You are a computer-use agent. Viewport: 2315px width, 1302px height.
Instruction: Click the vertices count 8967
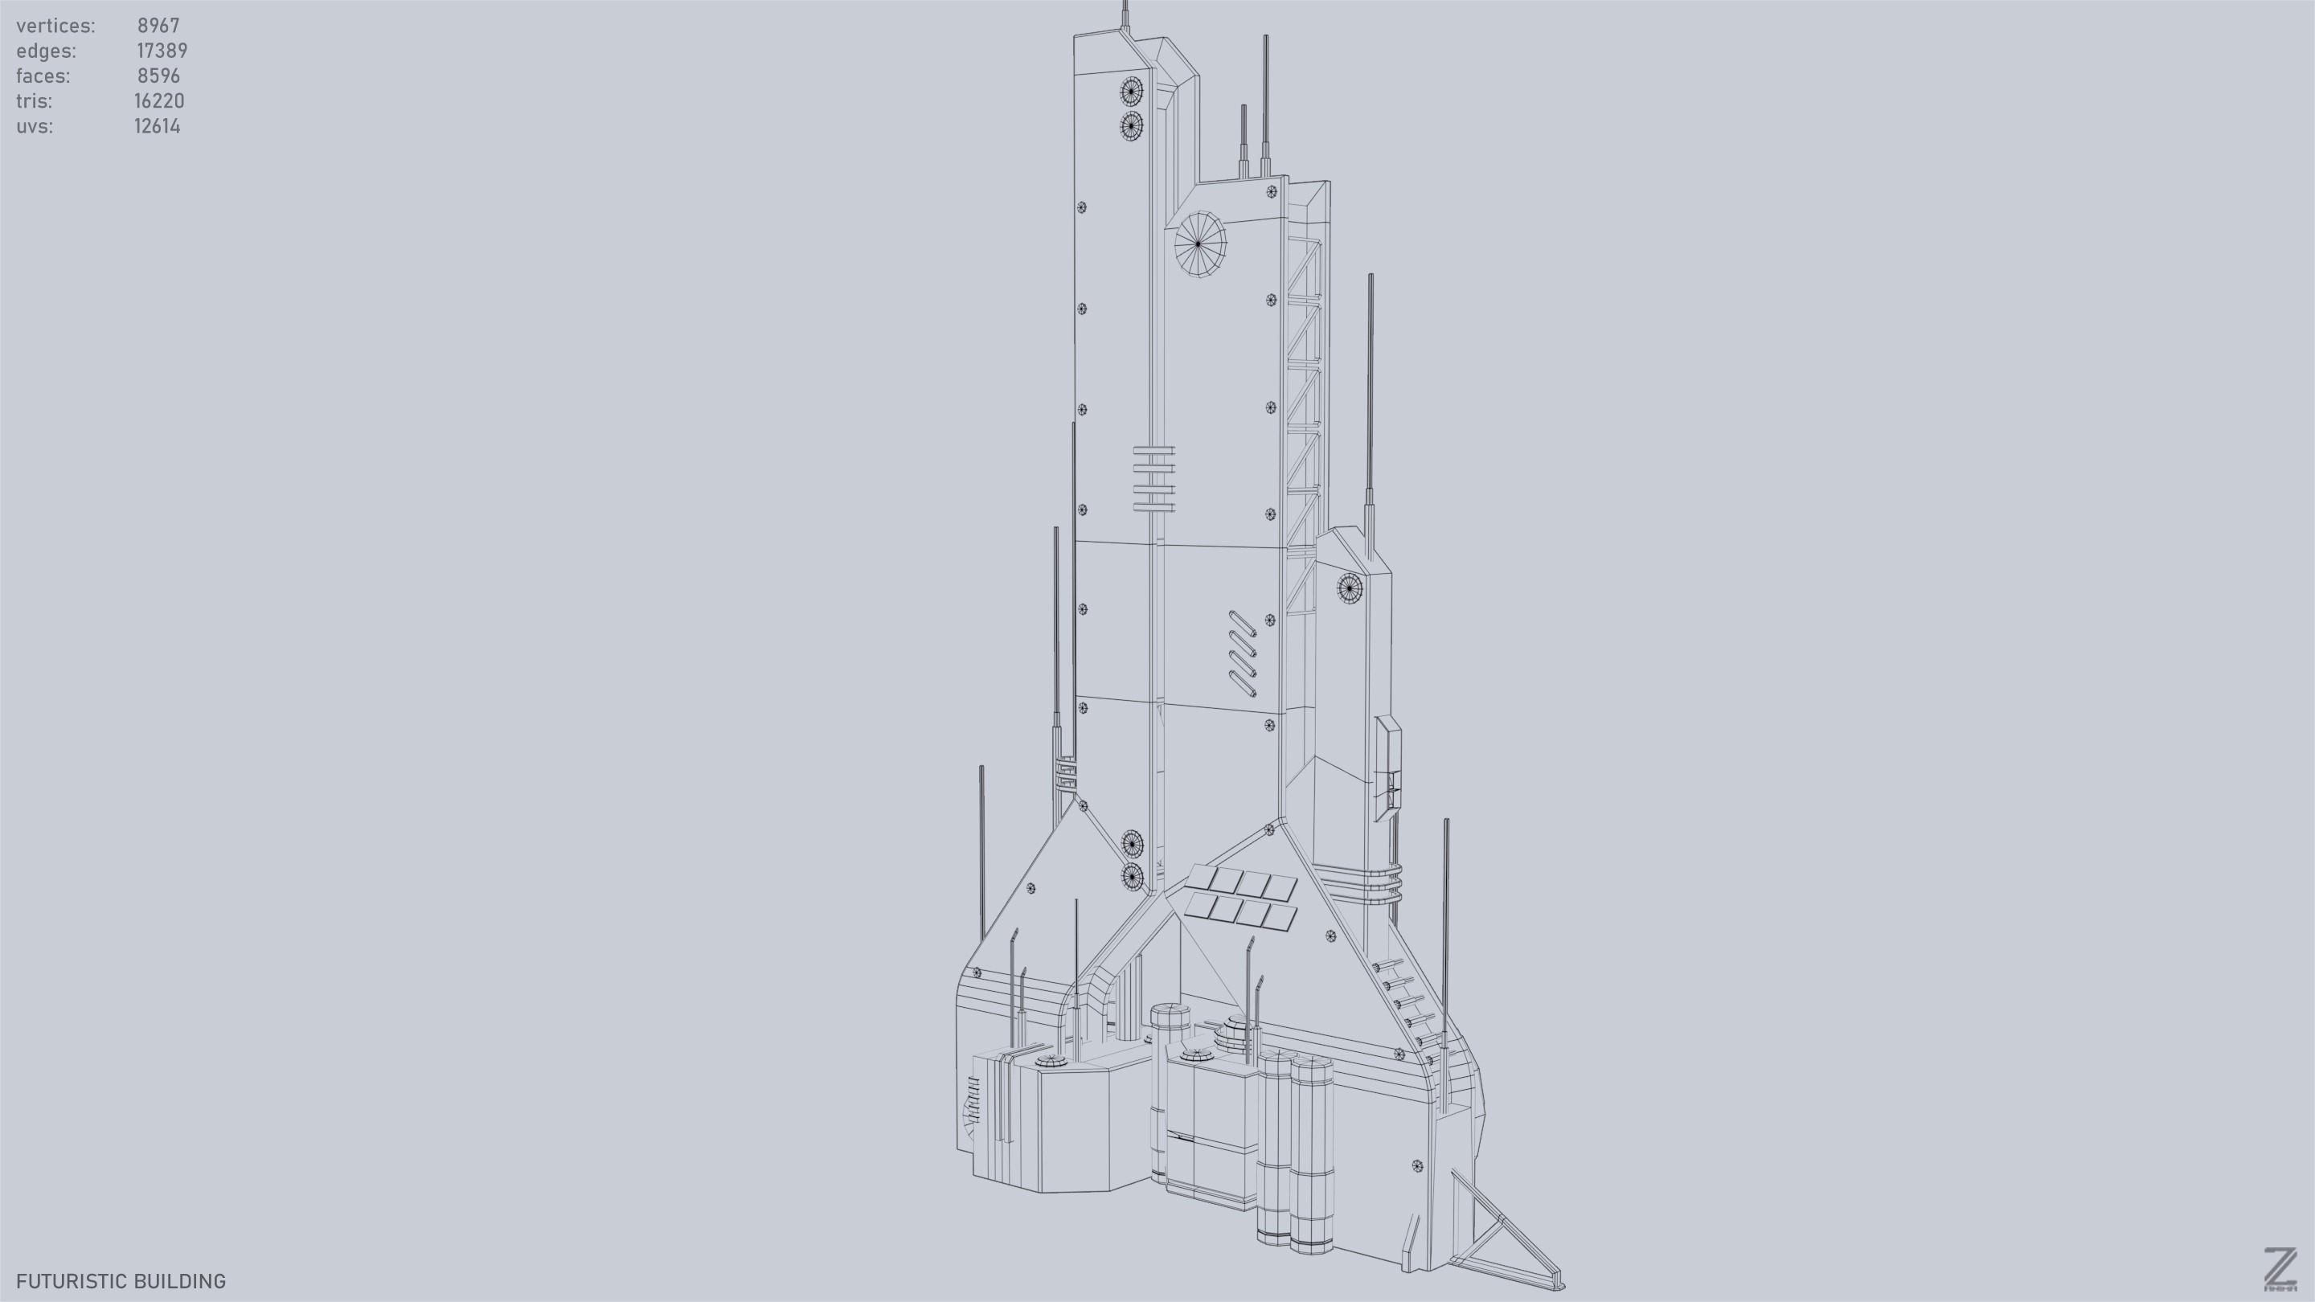click(x=158, y=26)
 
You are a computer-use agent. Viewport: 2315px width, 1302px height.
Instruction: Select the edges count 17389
click(x=162, y=51)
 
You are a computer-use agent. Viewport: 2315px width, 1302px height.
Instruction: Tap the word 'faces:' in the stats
click(x=43, y=76)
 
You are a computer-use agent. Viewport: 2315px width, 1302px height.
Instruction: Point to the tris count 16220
click(x=159, y=101)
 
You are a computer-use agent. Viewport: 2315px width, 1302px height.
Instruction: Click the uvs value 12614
click(x=158, y=127)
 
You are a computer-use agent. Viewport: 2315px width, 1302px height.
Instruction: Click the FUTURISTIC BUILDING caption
click(x=121, y=1281)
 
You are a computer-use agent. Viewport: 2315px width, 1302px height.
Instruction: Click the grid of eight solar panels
click(x=1241, y=897)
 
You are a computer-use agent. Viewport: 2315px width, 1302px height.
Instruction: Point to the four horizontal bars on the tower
click(x=1154, y=479)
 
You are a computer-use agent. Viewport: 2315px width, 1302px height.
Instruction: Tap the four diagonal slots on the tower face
click(x=1242, y=653)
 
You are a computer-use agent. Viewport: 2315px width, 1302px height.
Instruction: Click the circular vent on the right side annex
click(x=1349, y=588)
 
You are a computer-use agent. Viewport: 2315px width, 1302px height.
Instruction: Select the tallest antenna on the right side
click(x=1371, y=395)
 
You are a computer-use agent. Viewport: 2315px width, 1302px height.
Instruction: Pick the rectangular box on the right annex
click(x=1387, y=768)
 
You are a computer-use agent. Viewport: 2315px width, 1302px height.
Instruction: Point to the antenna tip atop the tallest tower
click(x=1125, y=10)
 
